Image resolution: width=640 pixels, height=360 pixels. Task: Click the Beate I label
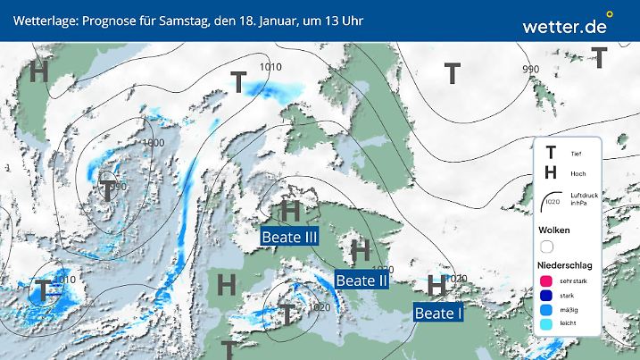(x=438, y=313)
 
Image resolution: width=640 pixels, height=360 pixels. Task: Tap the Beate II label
(x=362, y=280)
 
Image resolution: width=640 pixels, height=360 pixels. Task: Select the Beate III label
(x=289, y=237)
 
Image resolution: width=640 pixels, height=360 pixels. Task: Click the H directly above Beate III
(x=289, y=212)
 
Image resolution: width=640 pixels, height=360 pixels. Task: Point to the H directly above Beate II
(x=361, y=249)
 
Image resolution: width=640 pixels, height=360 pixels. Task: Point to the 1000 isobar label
(x=153, y=143)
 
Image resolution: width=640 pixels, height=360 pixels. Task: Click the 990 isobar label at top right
(x=531, y=70)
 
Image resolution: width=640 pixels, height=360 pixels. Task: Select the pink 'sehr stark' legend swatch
(x=547, y=280)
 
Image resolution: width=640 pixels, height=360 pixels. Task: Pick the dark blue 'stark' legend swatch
(x=547, y=296)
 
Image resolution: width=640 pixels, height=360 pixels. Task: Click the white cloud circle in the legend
(x=547, y=246)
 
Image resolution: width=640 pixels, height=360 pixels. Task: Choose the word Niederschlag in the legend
(x=565, y=265)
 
